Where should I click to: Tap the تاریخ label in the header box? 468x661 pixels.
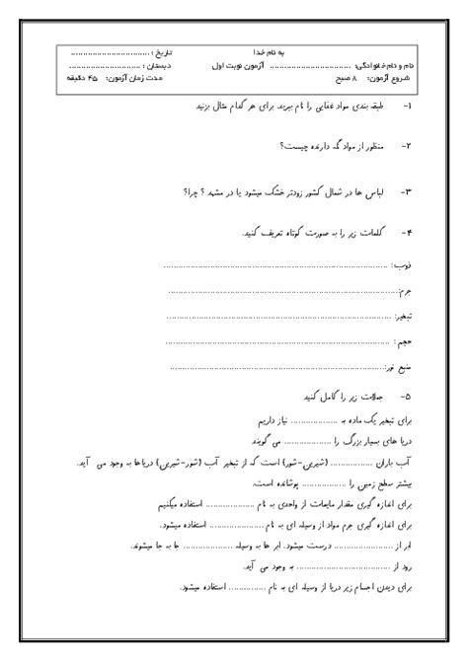146,47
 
